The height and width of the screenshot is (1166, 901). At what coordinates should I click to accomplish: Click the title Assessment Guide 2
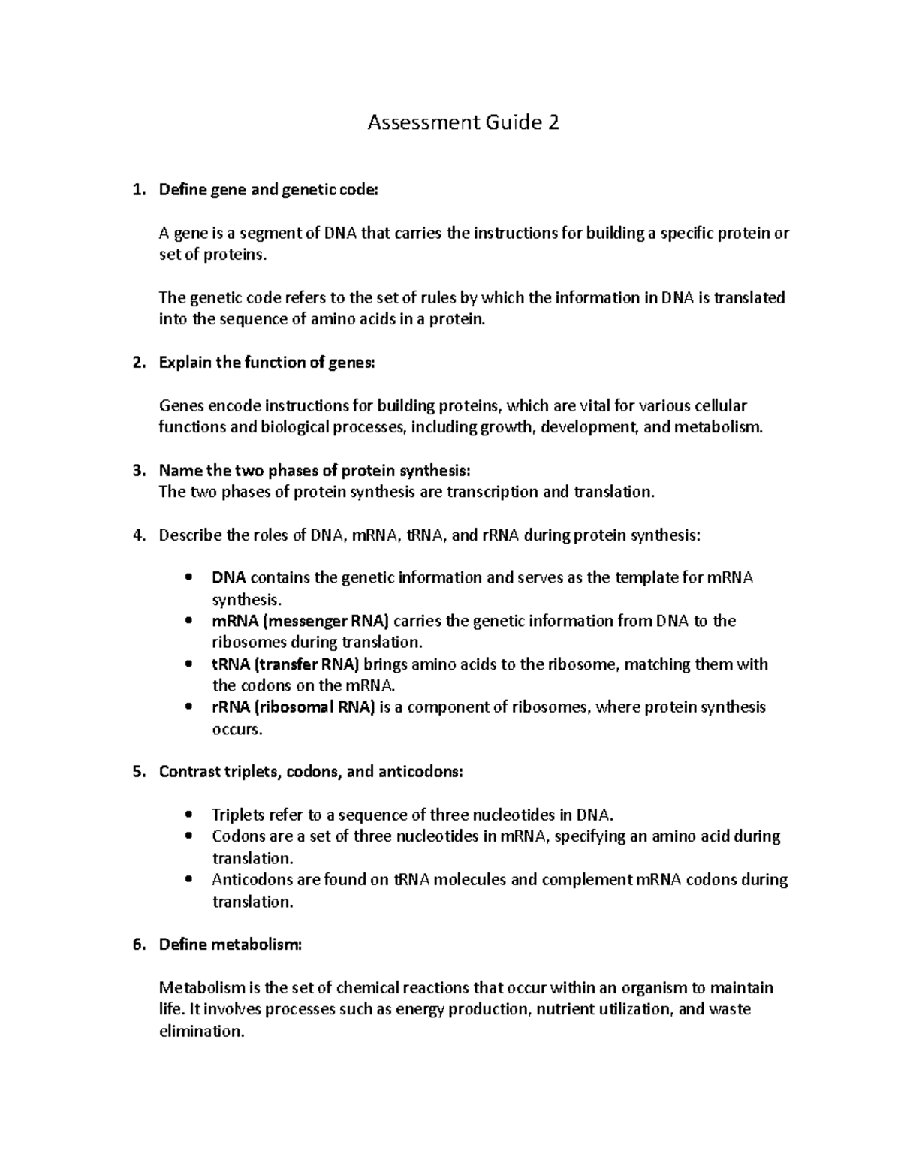(x=463, y=122)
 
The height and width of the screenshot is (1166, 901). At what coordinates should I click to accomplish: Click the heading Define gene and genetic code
(x=269, y=190)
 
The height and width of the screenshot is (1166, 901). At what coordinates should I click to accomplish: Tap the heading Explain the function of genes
(x=266, y=363)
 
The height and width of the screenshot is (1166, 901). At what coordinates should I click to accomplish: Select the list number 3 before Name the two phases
(x=137, y=471)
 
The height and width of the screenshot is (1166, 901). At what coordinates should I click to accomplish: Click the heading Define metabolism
(x=230, y=945)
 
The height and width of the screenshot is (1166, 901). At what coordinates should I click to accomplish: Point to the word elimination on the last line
(x=201, y=1032)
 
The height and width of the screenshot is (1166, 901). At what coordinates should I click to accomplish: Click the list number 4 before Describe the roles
(x=137, y=535)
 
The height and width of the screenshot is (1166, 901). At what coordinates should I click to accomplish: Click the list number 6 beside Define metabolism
(x=137, y=945)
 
